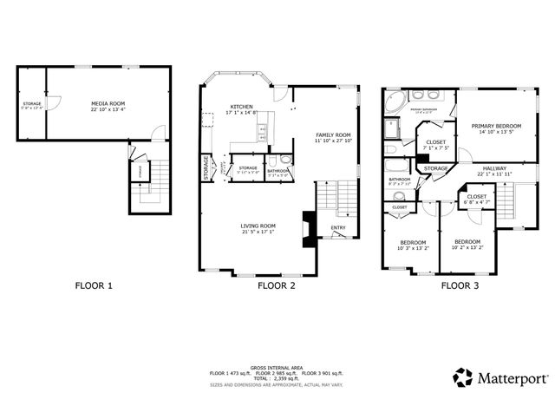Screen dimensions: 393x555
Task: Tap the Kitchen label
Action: [241, 106]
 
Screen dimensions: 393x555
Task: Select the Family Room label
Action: [333, 134]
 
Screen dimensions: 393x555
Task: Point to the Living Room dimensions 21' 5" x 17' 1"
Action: [258, 233]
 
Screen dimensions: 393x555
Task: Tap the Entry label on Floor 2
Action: [337, 229]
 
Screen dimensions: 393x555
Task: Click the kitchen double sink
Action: [259, 132]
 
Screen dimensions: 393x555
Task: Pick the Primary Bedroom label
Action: [496, 127]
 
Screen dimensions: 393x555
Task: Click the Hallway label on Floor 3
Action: [495, 168]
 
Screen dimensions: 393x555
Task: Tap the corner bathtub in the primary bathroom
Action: [395, 100]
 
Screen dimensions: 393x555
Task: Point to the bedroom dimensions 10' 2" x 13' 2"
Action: [467, 246]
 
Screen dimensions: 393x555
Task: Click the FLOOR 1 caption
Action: [93, 285]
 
